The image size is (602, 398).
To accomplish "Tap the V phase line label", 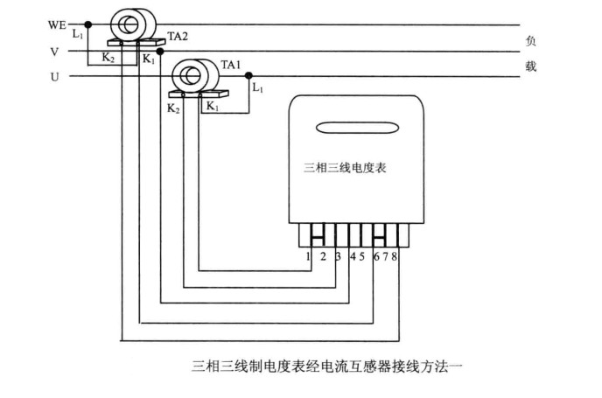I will click(54, 52).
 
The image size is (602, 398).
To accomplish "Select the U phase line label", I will click(54, 77).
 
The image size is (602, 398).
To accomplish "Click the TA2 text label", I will click(178, 38).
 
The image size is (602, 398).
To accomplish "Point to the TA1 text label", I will click(230, 65).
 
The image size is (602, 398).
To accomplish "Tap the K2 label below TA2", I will click(108, 59).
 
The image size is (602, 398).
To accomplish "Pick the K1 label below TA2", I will click(148, 59).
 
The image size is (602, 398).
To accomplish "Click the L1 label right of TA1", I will click(256, 88).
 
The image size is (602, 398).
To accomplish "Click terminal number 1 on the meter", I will click(308, 256).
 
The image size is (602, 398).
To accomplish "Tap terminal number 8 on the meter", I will click(396, 256).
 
